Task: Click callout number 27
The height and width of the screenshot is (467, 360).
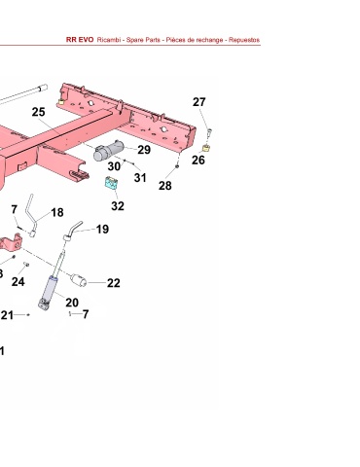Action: pos(198,102)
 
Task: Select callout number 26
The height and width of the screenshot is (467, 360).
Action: pos(198,160)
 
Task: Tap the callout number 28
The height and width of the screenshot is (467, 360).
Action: pos(164,186)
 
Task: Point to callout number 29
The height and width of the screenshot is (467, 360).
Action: pos(144,150)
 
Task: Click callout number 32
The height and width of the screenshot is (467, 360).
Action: pos(118,206)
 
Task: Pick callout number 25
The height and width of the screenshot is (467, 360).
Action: pos(38,112)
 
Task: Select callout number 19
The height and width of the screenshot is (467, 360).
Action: pos(102,230)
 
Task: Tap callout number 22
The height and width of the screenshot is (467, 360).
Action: pos(114,283)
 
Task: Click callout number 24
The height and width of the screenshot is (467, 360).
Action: pos(18,282)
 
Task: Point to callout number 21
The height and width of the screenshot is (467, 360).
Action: pos(7,315)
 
